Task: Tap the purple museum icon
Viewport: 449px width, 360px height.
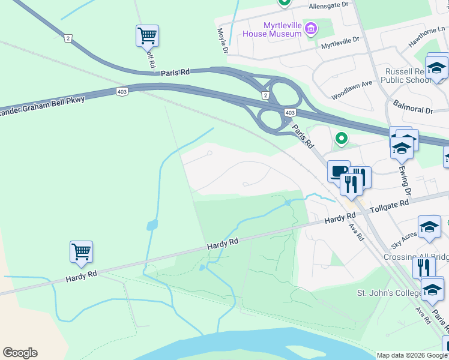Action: [x=311, y=28]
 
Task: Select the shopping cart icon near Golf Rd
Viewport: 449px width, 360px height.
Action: [x=147, y=35]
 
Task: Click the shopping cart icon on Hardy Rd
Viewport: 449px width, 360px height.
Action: [x=81, y=252]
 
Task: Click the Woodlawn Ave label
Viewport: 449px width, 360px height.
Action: [x=352, y=91]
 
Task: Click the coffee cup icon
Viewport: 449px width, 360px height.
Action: [x=339, y=172]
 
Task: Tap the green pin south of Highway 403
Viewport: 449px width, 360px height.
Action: [x=342, y=139]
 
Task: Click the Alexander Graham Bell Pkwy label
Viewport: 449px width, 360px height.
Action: [x=42, y=106]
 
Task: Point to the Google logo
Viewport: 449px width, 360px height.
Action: [x=20, y=353]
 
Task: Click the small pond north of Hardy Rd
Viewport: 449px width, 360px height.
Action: [x=152, y=226]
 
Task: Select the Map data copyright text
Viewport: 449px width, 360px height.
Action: [x=412, y=355]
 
